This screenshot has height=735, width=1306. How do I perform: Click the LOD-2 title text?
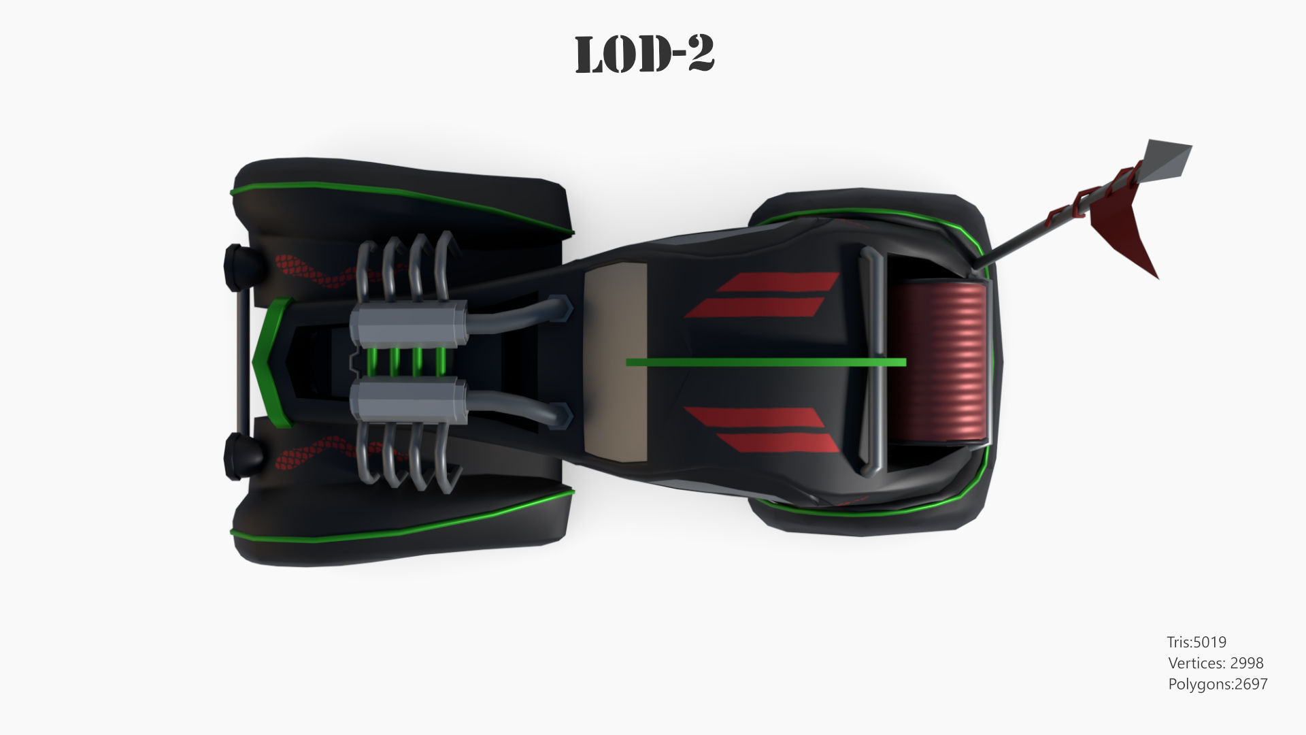point(644,54)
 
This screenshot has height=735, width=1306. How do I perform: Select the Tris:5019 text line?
point(1196,642)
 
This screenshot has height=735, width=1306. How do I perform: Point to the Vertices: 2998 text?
point(1216,663)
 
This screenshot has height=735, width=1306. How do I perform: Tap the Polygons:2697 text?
point(1218,684)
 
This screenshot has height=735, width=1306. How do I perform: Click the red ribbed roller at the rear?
point(940,361)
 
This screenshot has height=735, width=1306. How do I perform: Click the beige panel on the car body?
point(615,361)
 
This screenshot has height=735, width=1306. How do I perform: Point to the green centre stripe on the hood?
point(765,362)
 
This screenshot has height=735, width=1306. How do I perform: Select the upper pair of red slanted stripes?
point(762,295)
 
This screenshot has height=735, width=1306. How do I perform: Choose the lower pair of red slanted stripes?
point(762,429)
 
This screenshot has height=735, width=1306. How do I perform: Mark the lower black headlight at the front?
point(238,455)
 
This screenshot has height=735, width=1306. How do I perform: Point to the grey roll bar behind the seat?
point(873,361)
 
